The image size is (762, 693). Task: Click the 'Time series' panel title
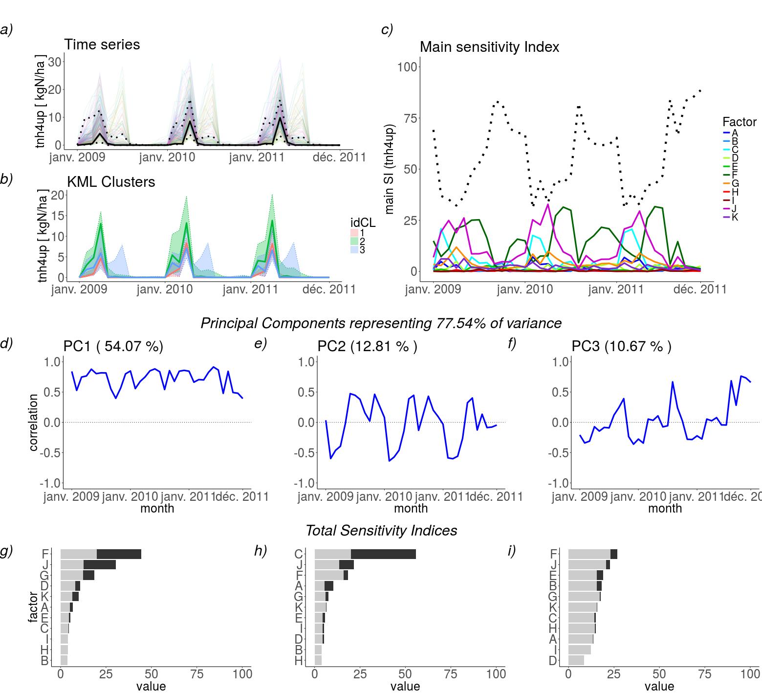[102, 45]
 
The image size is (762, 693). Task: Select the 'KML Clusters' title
[110, 182]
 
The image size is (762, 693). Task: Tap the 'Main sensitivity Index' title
[489, 47]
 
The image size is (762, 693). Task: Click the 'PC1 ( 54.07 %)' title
[113, 346]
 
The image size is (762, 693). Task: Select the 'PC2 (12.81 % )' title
[368, 346]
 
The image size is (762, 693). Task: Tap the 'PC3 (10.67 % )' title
[622, 346]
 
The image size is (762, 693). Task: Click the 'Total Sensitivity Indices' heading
[381, 531]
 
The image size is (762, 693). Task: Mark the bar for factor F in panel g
[101, 554]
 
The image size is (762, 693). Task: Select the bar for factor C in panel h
[365, 554]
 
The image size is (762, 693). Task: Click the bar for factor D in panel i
[576, 661]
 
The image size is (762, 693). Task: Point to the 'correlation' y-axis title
[34, 423]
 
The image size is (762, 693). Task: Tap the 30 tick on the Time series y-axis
[54, 62]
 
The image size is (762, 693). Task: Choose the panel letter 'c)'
[387, 30]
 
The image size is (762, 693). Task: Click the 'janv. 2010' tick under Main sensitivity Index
[524, 290]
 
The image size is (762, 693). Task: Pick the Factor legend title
[739, 122]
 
